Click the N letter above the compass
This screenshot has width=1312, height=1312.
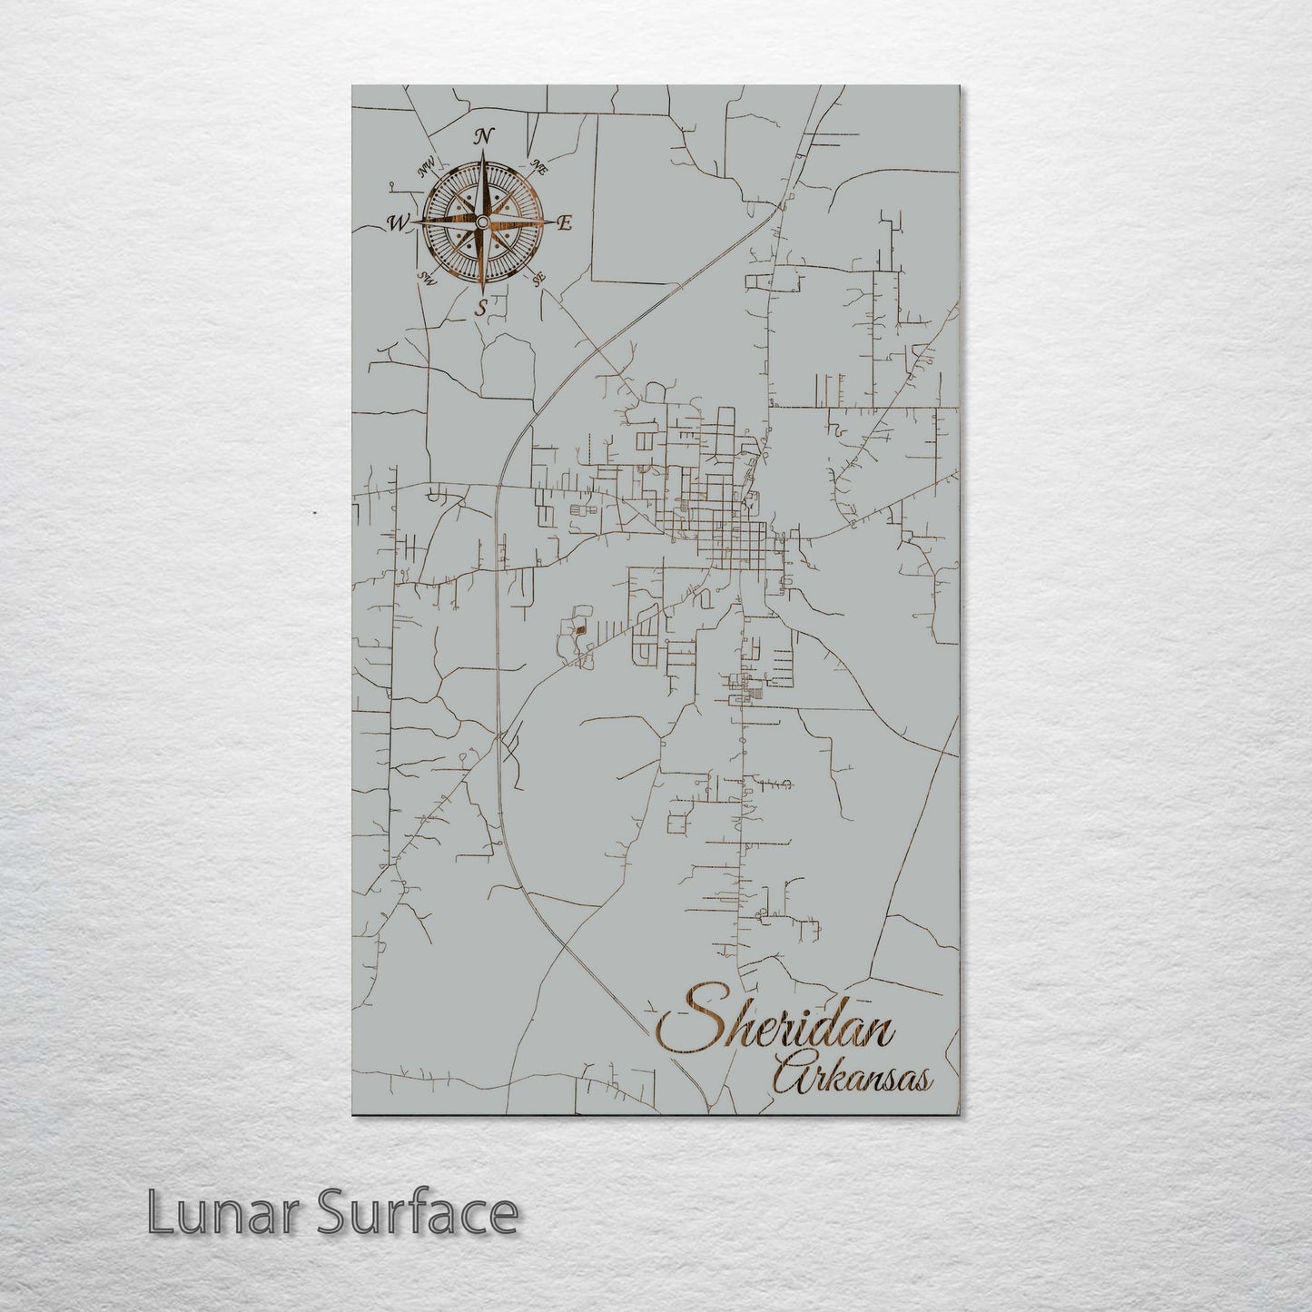tap(485, 136)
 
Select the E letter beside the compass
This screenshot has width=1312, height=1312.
tap(563, 223)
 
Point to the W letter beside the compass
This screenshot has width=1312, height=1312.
tap(398, 222)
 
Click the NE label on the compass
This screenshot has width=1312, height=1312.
tap(538, 167)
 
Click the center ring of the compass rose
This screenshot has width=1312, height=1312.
tap(481, 222)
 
